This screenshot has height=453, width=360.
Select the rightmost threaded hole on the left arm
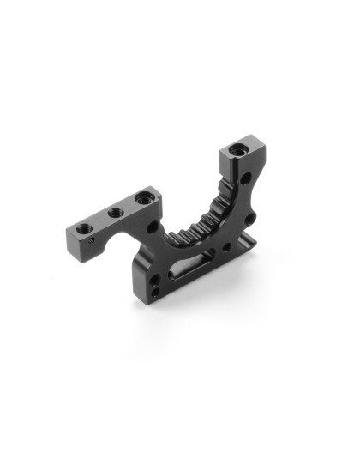pos(141,198)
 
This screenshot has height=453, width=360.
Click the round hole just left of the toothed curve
pos(153,227)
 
